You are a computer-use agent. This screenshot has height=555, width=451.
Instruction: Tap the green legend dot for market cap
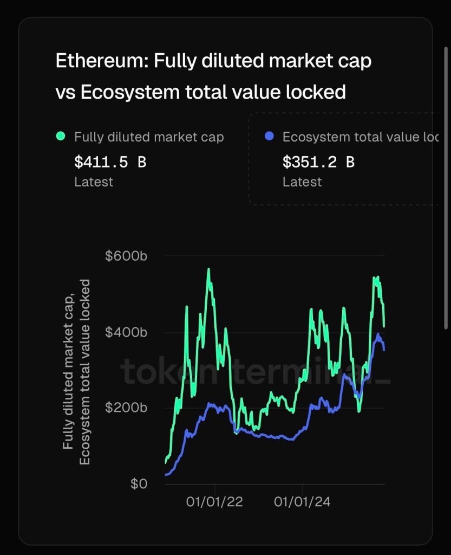click(60, 137)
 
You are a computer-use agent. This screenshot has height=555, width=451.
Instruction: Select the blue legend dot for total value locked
click(270, 137)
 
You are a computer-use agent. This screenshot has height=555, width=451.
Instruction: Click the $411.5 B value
click(110, 162)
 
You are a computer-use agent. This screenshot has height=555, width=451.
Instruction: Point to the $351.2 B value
click(318, 162)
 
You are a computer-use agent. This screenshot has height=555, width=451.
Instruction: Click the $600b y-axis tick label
click(126, 256)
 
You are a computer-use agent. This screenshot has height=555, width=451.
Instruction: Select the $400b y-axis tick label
click(126, 332)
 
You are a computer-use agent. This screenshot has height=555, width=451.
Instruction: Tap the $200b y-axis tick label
click(126, 408)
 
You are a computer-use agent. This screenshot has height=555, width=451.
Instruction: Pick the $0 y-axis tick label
click(139, 483)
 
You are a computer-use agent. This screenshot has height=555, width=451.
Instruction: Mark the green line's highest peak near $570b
click(208, 269)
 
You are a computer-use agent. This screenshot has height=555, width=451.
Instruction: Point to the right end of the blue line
click(384, 350)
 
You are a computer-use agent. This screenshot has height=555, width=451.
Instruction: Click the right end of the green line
click(384, 326)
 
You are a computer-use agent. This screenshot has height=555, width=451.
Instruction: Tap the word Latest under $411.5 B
click(94, 182)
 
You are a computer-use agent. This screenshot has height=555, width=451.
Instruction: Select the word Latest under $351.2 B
click(302, 182)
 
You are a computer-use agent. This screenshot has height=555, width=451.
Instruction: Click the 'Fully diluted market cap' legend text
click(149, 137)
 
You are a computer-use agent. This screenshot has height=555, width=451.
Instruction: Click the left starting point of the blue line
click(166, 475)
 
